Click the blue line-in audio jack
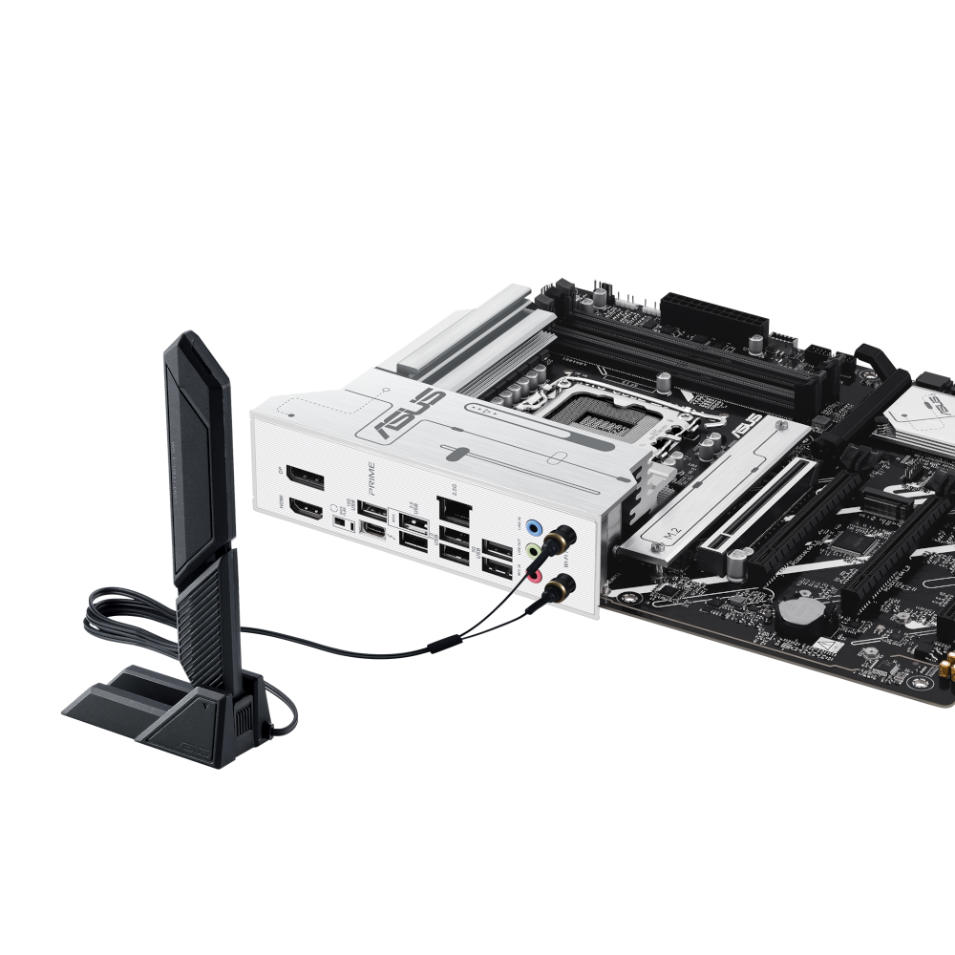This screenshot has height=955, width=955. pyautogui.click(x=537, y=526)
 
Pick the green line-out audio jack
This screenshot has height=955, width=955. pyautogui.click(x=537, y=552)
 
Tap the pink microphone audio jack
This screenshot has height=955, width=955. pyautogui.click(x=537, y=577)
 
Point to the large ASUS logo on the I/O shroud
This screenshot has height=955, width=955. pyautogui.click(x=406, y=416)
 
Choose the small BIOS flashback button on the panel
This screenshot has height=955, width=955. pyautogui.click(x=340, y=523)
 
